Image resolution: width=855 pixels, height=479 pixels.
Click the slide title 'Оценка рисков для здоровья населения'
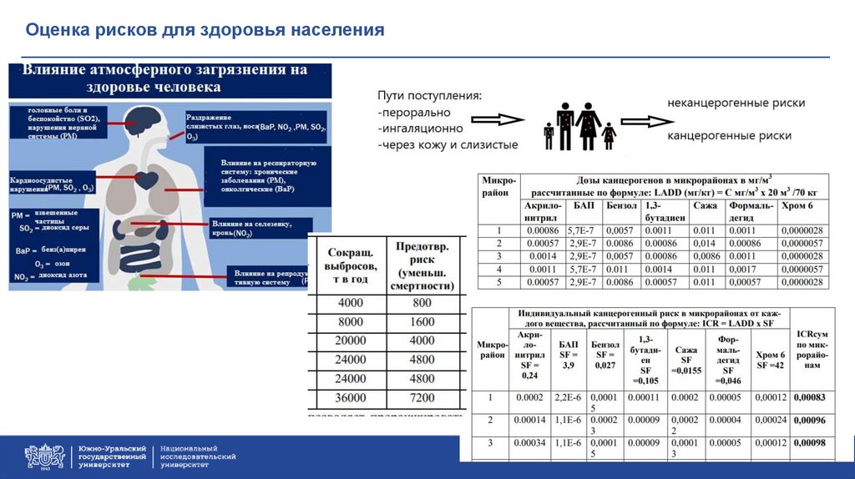pyautogui.click(x=205, y=31)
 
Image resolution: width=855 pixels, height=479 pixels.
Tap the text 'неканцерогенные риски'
pyautogui.click(x=736, y=103)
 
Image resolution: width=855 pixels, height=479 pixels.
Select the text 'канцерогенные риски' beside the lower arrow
pyautogui.click(x=730, y=134)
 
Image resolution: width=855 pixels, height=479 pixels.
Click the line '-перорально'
pyautogui.click(x=414, y=113)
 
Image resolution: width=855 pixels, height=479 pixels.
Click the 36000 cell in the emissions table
pyautogui.click(x=351, y=398)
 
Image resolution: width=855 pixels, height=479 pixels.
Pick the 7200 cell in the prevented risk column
pyautogui.click(x=422, y=398)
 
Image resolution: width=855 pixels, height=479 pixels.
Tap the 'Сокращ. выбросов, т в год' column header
pyautogui.click(x=351, y=266)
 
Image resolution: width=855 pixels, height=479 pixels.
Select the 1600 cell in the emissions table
pyautogui.click(x=422, y=321)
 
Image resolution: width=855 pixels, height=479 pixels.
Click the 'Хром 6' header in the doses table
pyautogui.click(x=795, y=205)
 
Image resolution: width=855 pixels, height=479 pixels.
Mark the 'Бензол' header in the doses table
pyautogui.click(x=622, y=205)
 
